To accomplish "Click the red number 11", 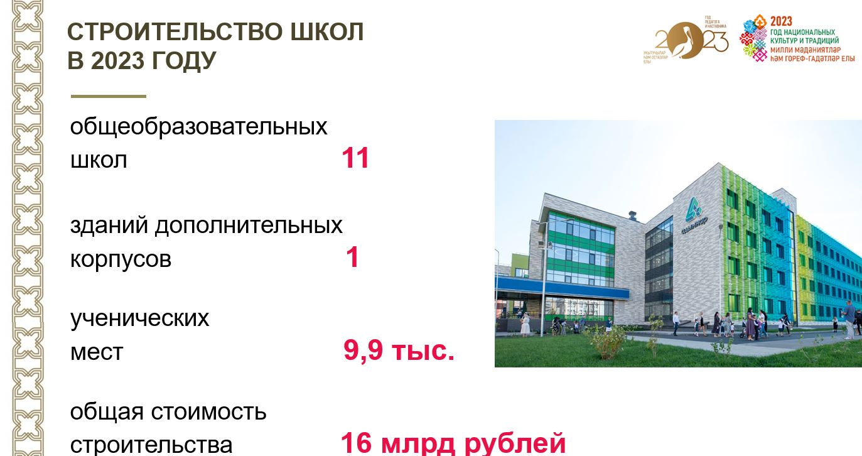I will pos(355,159).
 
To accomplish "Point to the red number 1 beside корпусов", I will pos(353,258).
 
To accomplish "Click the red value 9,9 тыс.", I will pos(399,350).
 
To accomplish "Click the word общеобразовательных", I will pos(198,126).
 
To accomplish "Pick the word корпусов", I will pos(121,259).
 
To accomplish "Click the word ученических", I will pos(139,318).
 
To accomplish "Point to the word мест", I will pos(97,352).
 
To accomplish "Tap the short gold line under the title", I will pos(108,96).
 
